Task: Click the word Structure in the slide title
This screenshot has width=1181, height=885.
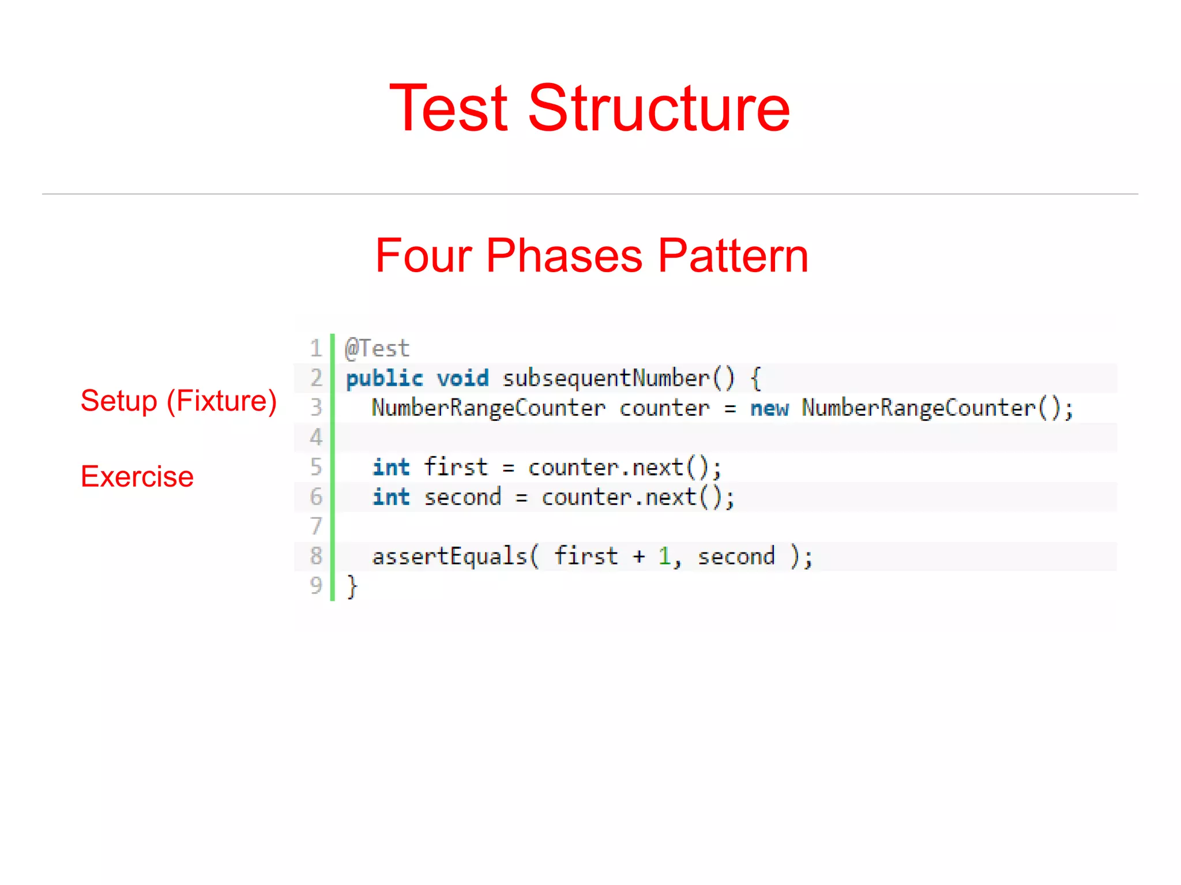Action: [x=659, y=108]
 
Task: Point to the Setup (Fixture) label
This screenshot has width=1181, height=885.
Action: [x=178, y=401]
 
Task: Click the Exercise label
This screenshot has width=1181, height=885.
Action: [x=137, y=477]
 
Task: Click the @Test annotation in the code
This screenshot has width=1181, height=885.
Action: [x=377, y=349]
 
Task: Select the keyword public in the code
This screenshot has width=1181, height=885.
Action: [x=384, y=379]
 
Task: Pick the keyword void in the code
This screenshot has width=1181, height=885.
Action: [x=462, y=379]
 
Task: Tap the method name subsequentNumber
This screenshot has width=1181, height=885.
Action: [x=605, y=379]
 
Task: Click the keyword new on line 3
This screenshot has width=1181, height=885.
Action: [x=769, y=409]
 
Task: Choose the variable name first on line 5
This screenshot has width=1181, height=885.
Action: [x=456, y=467]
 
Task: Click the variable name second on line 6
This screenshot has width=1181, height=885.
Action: [x=462, y=497]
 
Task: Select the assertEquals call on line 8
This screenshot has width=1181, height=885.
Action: [x=450, y=557]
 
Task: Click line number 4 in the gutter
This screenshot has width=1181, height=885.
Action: [x=316, y=438]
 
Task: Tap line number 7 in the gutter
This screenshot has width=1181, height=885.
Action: [x=316, y=526]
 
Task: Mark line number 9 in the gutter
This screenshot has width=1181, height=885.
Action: [x=316, y=586]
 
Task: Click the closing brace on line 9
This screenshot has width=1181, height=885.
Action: [x=352, y=587]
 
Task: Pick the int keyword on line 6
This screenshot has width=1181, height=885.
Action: [x=391, y=497]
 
